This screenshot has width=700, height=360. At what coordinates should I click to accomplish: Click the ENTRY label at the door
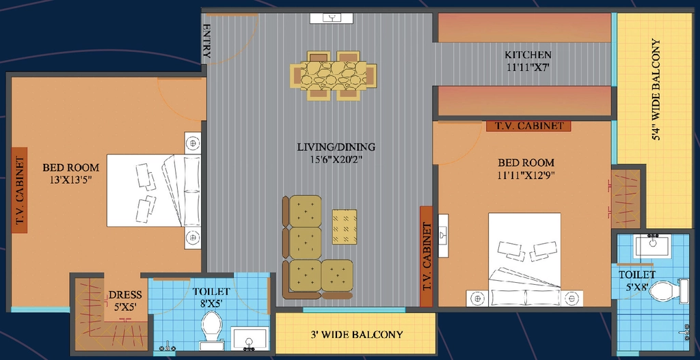(206, 42)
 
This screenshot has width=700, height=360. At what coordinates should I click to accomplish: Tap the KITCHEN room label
(528, 55)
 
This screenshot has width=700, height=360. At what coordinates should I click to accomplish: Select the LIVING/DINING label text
(336, 147)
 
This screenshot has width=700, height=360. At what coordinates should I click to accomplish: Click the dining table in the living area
(333, 75)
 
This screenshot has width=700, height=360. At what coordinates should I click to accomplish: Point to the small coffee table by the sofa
(345, 227)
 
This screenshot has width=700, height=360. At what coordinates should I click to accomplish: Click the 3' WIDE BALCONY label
(355, 334)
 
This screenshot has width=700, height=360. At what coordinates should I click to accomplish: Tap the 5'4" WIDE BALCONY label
(656, 89)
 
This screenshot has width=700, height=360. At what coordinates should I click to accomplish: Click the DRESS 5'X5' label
(126, 300)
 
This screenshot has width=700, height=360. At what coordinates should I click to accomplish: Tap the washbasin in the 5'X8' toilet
(653, 245)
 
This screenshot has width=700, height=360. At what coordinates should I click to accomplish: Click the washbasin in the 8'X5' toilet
(250, 339)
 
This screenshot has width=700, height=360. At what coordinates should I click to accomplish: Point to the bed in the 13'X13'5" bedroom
(154, 191)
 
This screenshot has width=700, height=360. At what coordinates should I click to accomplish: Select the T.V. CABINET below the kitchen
(528, 126)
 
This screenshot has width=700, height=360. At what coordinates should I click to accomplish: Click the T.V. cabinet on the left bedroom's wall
(19, 190)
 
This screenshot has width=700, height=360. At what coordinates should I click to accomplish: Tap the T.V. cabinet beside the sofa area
(427, 256)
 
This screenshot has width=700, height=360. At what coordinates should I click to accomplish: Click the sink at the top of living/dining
(332, 18)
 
